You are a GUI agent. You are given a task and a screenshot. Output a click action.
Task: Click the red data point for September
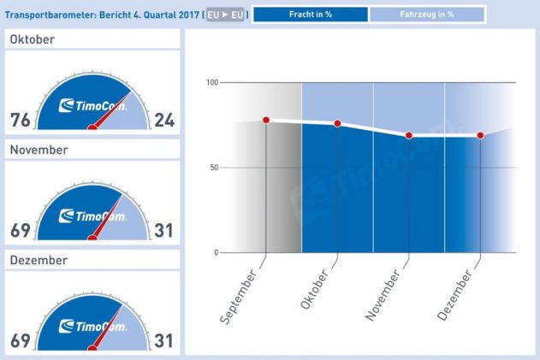click(x=266, y=120)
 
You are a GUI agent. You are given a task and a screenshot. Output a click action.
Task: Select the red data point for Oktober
click(x=337, y=124)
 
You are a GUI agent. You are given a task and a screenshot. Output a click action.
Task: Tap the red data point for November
click(x=409, y=135)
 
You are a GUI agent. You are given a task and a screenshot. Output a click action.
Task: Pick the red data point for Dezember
click(x=480, y=135)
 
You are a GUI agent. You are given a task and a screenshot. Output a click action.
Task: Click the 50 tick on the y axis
click(x=214, y=168)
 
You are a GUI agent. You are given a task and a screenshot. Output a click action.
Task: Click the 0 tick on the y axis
click(x=217, y=252)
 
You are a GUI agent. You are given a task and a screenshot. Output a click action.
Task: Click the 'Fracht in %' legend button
click(x=312, y=15)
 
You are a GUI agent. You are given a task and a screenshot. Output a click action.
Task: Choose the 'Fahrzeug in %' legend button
click(x=427, y=15)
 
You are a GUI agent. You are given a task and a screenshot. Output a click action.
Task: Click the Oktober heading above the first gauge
click(x=33, y=40)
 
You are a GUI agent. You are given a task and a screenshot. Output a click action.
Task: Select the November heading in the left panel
click(x=39, y=150)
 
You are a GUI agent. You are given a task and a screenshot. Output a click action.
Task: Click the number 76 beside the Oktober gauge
click(x=21, y=120)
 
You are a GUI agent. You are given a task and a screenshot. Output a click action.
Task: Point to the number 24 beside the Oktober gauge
click(x=163, y=120)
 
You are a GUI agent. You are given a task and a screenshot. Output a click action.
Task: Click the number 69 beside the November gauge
click(x=21, y=230)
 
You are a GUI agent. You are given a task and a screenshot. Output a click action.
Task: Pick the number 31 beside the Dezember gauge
click(x=163, y=340)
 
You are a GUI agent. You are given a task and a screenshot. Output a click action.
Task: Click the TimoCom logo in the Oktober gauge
click(x=92, y=106)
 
